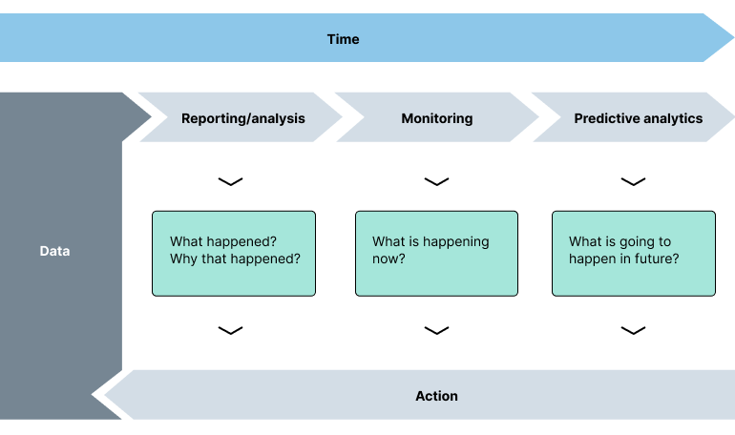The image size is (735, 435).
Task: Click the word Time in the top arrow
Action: [x=343, y=39]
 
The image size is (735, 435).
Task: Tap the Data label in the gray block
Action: [x=54, y=252]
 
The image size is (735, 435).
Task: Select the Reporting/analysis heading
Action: [x=243, y=118]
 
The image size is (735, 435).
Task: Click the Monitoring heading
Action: [x=436, y=118]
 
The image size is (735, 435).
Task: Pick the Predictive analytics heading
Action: [x=638, y=118]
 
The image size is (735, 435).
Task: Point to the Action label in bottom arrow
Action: [x=436, y=396]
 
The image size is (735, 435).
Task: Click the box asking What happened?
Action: [x=234, y=253]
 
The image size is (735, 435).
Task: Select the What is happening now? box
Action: [x=436, y=253]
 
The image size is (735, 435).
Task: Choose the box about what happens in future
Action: [x=633, y=253]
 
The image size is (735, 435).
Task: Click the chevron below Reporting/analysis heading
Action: [x=230, y=181]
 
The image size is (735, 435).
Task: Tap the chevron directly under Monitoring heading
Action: [x=436, y=181]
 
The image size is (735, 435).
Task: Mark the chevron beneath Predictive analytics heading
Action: [x=633, y=181]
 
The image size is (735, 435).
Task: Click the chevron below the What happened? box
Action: [x=230, y=330]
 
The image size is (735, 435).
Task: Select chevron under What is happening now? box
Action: [x=436, y=330]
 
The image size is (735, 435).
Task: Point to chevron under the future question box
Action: [x=633, y=330]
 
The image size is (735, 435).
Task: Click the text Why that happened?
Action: [x=242, y=259]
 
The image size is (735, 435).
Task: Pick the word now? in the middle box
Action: [x=388, y=259]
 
